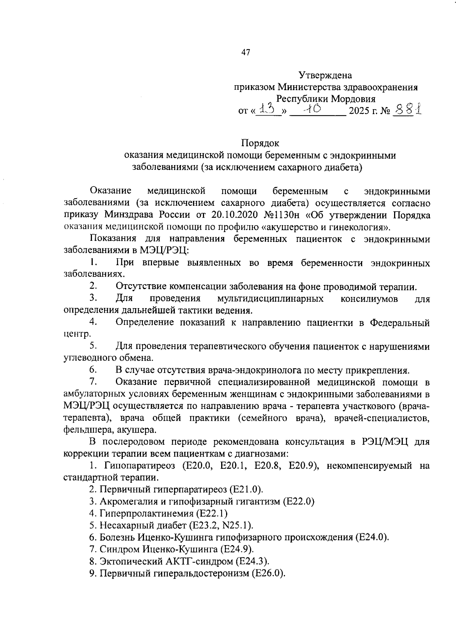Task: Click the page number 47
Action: point(246,53)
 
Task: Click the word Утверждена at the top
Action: point(325,75)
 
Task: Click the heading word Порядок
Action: point(260,143)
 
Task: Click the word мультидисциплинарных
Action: point(270,299)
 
